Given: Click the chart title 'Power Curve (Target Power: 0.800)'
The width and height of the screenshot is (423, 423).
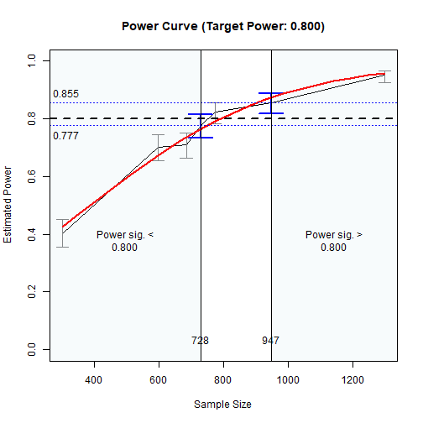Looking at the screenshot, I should click(222, 26).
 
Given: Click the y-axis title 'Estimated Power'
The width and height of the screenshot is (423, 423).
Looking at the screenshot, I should click(8, 205).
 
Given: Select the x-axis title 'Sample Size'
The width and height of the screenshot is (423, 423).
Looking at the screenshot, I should click(222, 404).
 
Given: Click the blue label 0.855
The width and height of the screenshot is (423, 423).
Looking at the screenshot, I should click(65, 94).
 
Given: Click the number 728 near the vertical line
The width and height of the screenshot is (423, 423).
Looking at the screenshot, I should click(200, 341).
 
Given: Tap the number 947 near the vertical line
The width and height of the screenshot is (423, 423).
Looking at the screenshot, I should click(270, 341).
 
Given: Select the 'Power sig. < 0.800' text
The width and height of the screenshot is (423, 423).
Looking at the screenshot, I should click(125, 242).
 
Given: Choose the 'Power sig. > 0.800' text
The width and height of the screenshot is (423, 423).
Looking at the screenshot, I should click(333, 242).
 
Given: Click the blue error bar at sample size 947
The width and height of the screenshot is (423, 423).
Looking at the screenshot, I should click(271, 103).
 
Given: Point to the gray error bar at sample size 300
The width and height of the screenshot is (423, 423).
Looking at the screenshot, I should click(62, 233).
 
